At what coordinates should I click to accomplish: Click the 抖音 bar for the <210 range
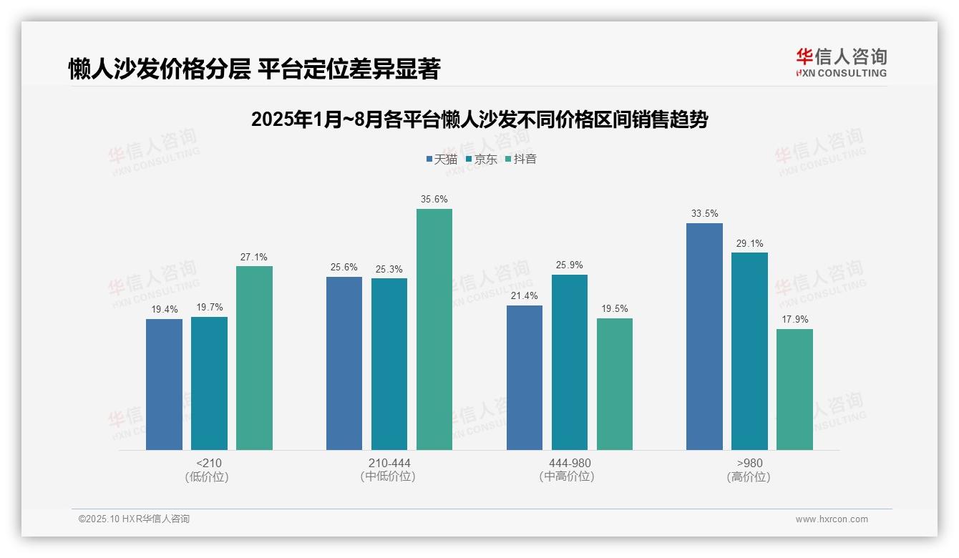[254, 358]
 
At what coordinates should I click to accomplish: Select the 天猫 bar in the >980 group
[704, 336]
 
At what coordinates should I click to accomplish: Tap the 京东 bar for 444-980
[569, 362]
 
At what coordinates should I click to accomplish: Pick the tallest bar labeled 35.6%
[434, 329]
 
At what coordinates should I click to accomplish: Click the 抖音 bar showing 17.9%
[794, 389]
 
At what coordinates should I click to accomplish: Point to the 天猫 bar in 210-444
[344, 363]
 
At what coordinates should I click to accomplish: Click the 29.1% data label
[749, 243]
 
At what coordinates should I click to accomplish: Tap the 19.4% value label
[164, 309]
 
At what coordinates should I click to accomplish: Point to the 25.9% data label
[569, 265]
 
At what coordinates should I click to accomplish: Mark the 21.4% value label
[524, 296]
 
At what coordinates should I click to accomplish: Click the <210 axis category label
[209, 463]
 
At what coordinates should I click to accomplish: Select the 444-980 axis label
[569, 463]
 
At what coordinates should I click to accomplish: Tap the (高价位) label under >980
[749, 476]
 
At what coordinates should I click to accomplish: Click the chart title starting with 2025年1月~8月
[479, 119]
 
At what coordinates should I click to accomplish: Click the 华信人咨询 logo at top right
[841, 62]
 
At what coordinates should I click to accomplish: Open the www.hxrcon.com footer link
[832, 519]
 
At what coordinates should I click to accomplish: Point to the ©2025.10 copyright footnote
[134, 519]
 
